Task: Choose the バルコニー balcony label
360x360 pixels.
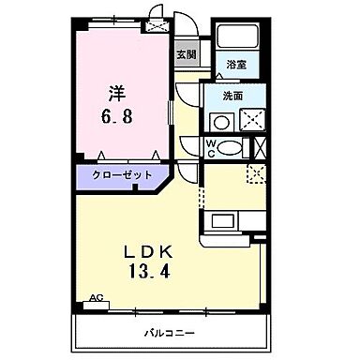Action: coord(171,332)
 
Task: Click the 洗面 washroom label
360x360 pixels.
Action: coord(233,96)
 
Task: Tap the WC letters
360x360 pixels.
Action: coord(210,148)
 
